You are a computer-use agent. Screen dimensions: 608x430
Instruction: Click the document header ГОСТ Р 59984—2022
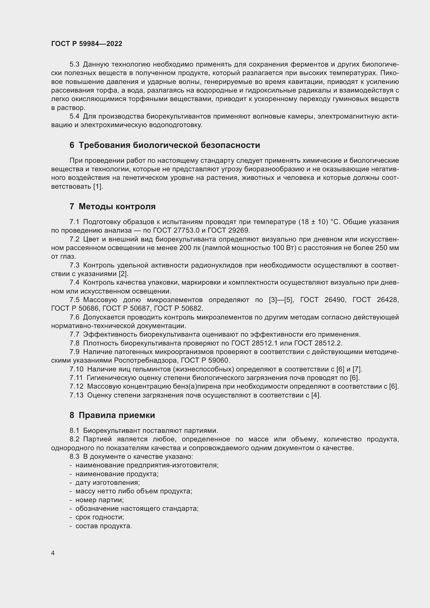(x=87, y=44)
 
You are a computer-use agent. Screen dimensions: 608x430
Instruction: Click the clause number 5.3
(x=74, y=64)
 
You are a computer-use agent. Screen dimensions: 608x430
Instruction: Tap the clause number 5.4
(x=74, y=116)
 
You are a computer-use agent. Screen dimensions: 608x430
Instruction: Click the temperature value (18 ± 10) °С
(x=318, y=222)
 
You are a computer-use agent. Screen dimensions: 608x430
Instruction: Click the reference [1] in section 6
(x=98, y=186)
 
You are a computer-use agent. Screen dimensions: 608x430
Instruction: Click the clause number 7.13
(x=76, y=395)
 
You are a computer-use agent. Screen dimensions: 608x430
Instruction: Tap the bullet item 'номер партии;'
(x=99, y=500)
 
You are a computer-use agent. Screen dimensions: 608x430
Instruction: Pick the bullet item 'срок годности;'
(x=100, y=517)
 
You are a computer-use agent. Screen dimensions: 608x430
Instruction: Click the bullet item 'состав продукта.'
(x=103, y=526)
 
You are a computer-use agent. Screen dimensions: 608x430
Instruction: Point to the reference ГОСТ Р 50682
(x=178, y=309)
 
